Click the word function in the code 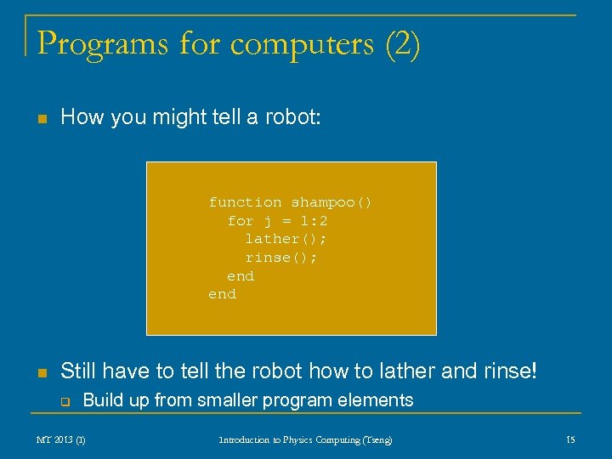pos(246,202)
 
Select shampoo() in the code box pos(331,202)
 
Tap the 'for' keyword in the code pos(241,221)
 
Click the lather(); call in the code pos(281,239)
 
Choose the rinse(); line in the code pos(281,258)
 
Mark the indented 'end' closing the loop pos(241,276)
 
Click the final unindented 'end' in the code pos(222,294)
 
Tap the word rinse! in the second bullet pos(513,371)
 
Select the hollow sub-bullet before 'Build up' pos(63,401)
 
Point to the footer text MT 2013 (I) pos(60,439)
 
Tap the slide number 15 pos(570,439)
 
